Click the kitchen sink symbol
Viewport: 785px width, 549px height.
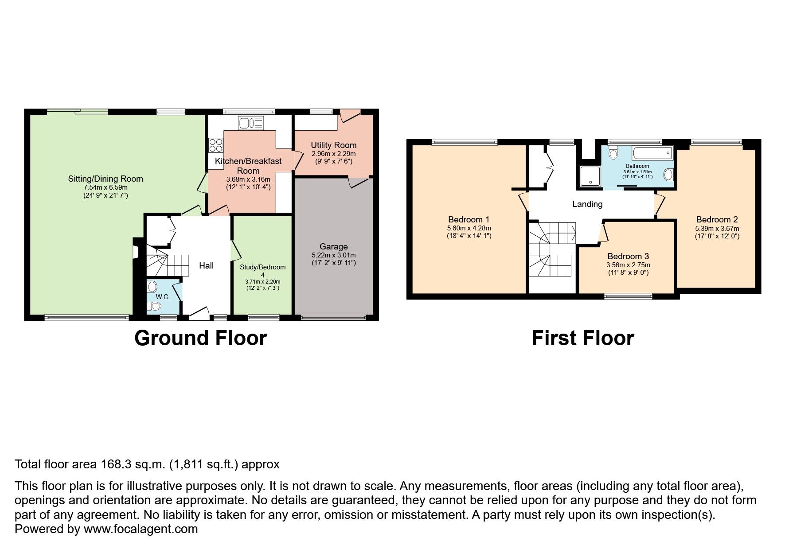251,123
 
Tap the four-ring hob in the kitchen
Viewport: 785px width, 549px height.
216,145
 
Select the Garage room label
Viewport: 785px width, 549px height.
333,246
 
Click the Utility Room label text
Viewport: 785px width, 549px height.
333,145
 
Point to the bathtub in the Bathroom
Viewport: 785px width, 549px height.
652,154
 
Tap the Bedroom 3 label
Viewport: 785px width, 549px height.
628,256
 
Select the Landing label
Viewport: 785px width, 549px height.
587,204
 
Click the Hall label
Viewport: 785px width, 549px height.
206,265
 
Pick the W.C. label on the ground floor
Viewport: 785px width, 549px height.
163,297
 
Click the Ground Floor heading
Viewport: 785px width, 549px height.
200,338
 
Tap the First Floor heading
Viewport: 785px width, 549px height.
582,338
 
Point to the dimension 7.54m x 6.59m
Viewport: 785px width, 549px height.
105,187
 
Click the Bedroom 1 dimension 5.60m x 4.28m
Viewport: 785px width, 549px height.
469,228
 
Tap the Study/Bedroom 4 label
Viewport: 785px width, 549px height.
262,271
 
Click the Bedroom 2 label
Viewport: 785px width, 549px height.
716,219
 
